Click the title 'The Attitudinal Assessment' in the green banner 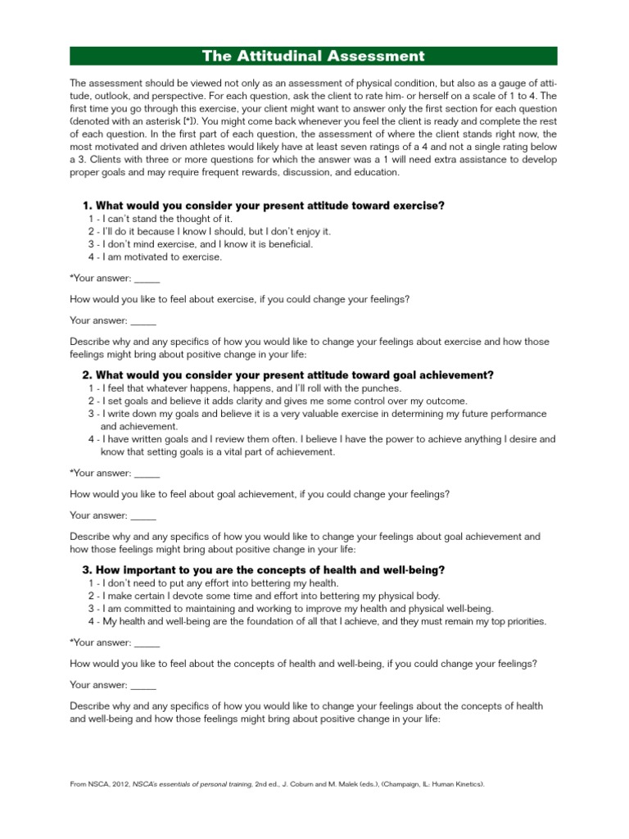coord(314,56)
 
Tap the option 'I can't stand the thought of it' coord(161,219)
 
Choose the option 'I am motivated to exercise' coord(155,256)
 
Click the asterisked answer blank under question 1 coord(146,279)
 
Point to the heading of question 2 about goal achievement coord(288,374)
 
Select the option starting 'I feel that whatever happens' coord(245,388)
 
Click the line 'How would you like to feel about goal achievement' coord(259,494)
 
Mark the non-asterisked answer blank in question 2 coord(143,516)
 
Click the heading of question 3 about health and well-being coord(264,569)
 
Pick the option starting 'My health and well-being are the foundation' coord(317,621)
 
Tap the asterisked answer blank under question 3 coord(146,643)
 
